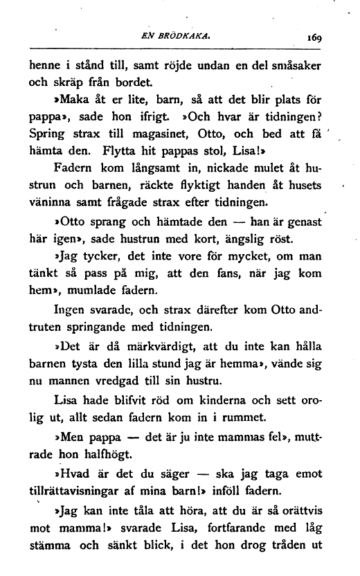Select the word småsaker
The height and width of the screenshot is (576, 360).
[294, 66]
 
